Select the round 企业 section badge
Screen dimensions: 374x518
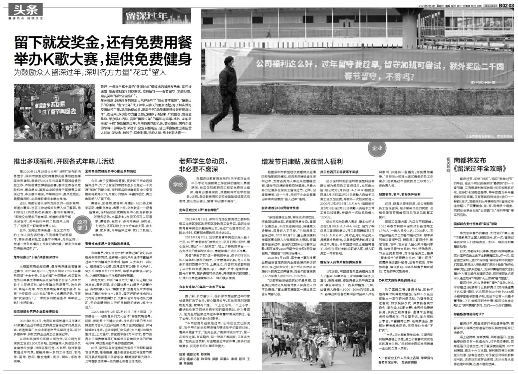click(x=378, y=148)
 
